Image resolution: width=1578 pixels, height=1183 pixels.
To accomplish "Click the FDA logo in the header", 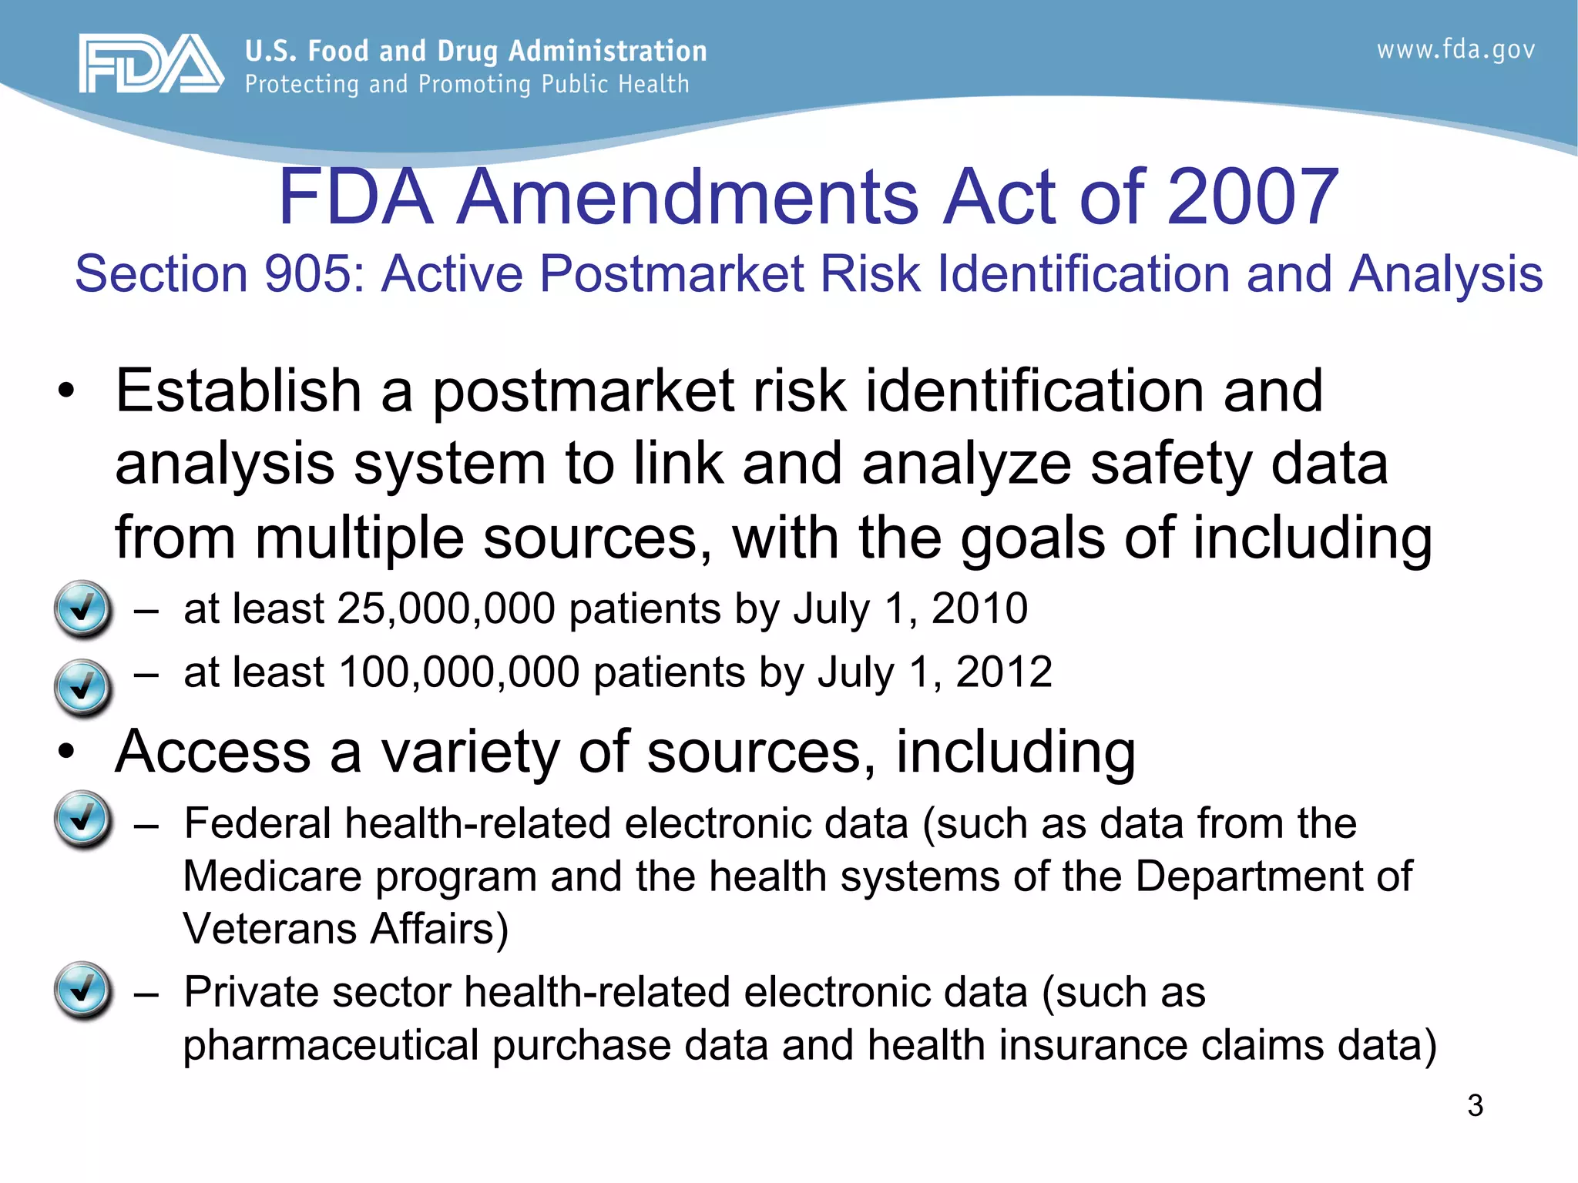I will pos(151,64).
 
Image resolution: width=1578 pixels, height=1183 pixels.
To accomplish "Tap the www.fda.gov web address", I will pos(1455,50).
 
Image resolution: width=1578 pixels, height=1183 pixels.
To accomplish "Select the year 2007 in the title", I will pos(1253,197).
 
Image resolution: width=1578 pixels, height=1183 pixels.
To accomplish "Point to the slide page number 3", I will pos(1475,1105).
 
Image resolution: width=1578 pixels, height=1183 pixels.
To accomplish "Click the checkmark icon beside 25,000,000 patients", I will pos(82,608).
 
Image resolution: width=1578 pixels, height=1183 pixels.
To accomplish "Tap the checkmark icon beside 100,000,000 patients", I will pos(82,686).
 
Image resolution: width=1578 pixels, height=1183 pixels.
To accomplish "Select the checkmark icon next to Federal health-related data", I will pos(82,819).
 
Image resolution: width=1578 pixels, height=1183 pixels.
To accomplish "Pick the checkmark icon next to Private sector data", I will pos(82,990).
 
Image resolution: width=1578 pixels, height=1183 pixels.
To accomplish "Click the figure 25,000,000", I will pos(446,609).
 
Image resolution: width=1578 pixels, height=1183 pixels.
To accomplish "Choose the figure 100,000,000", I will pos(458,672).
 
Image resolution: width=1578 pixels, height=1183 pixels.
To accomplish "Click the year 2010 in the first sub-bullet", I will pos(979,609).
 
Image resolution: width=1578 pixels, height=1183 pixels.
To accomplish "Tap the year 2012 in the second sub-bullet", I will pos(1004,672).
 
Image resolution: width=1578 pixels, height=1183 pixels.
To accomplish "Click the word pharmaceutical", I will pos(331,1046).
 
